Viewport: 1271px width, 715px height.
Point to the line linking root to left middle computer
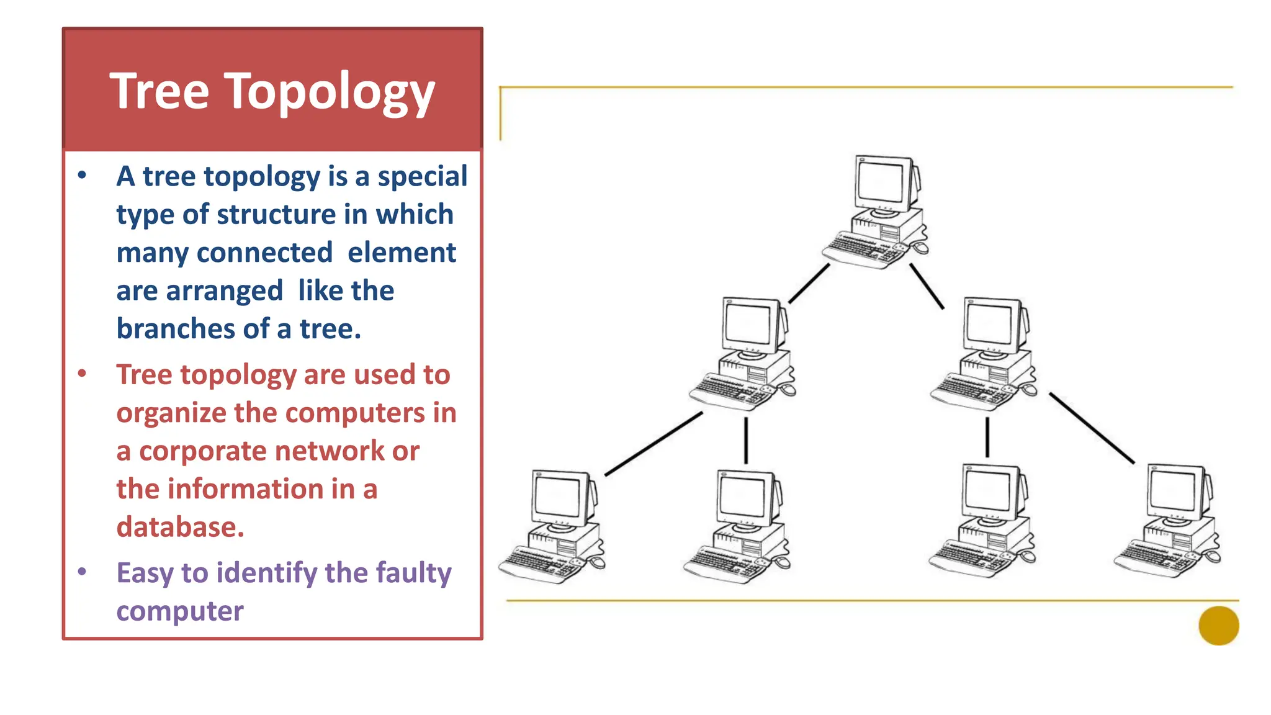point(809,284)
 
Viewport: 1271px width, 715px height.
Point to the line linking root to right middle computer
point(927,286)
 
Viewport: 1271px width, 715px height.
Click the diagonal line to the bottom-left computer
point(653,444)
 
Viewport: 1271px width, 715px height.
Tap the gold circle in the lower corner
point(1218,626)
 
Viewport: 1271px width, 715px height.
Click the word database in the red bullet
point(180,527)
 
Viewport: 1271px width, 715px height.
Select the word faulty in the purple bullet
point(413,573)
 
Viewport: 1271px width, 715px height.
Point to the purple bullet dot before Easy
point(82,572)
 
